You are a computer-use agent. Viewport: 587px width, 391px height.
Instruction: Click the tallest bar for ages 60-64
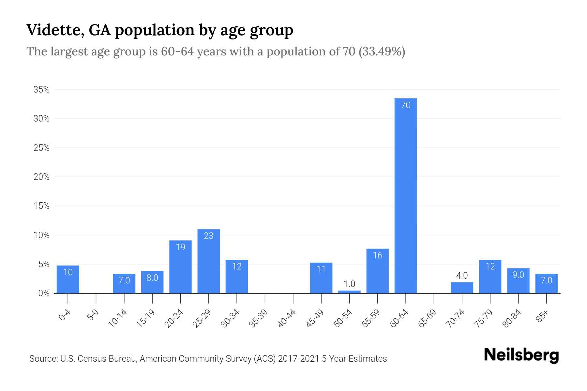405,195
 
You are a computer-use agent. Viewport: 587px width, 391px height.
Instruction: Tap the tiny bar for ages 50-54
349,292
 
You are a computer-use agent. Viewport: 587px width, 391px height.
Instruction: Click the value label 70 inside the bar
405,105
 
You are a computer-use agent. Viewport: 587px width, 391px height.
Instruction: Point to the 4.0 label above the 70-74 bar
462,276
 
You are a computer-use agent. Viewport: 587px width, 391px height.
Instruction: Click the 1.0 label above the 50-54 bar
349,284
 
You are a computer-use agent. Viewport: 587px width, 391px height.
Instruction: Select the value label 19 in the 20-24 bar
180,247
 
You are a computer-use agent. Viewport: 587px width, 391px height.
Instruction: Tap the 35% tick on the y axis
41,90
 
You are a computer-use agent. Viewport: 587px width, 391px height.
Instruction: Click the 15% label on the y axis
41,206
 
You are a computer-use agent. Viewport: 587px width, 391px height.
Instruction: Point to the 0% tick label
44,293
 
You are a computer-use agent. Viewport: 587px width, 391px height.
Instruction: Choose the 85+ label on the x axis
542,317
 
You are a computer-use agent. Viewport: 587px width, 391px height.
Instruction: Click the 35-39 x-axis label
258,318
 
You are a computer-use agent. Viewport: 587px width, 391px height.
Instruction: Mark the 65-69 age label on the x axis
427,318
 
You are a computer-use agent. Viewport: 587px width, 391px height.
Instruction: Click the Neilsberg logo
521,355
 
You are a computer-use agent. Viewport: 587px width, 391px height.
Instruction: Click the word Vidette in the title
52,30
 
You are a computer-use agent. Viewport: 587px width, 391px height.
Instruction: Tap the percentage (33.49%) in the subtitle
382,51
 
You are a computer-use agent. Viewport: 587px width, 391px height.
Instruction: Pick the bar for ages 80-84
518,281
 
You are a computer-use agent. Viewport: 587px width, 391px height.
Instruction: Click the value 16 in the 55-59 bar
377,255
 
